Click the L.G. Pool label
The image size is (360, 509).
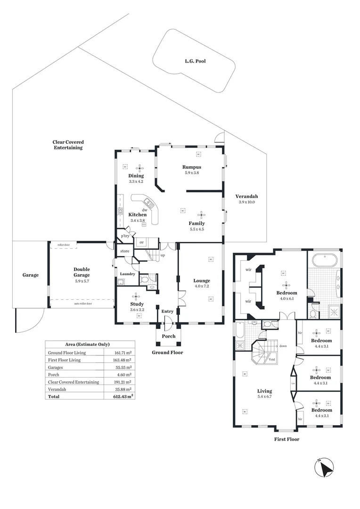[x=195, y=61]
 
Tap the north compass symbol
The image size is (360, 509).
[x=324, y=468]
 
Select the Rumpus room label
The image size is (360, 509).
[x=192, y=167]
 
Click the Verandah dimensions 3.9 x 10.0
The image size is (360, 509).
[x=247, y=202]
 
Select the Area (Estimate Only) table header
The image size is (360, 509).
[x=90, y=345]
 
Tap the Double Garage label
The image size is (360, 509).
[x=82, y=272]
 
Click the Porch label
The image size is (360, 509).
[x=169, y=336]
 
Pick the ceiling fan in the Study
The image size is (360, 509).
[x=137, y=296]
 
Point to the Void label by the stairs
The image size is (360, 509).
[x=272, y=359]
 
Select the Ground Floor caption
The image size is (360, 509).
[x=167, y=353]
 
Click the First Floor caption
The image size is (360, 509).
[x=286, y=439]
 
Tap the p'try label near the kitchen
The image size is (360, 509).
[x=125, y=236]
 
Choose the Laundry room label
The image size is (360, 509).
[x=128, y=274]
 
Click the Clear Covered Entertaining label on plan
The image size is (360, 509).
[x=68, y=145]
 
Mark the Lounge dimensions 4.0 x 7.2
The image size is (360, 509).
[x=202, y=286]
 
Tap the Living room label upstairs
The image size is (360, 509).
[x=264, y=391]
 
